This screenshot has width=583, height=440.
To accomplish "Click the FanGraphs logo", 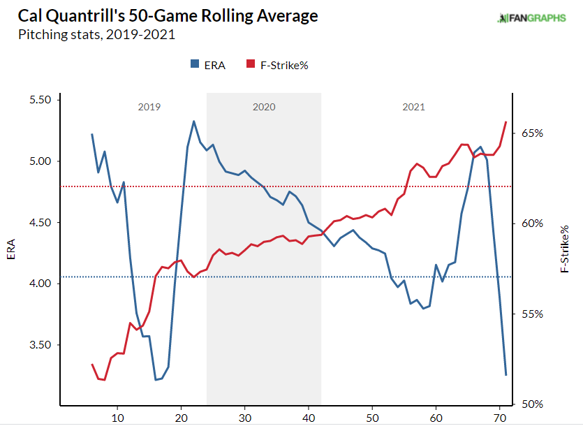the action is (531, 18).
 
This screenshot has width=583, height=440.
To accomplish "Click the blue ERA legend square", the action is (195, 64).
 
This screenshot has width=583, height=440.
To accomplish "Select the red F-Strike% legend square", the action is (251, 64).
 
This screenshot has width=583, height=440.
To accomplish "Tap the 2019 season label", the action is (149, 107).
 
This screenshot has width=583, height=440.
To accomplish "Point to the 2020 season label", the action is (264, 107).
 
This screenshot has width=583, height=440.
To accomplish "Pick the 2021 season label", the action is (413, 107).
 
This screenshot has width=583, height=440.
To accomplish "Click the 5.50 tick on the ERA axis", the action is (40, 100).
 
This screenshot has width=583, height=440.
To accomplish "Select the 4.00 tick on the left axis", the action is (40, 284).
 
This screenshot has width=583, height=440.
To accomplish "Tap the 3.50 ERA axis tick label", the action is (40, 345).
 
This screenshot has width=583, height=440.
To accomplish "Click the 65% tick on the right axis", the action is (532, 133).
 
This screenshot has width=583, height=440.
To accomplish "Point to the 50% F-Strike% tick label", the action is (532, 404).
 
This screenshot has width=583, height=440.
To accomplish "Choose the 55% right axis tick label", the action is (532, 314).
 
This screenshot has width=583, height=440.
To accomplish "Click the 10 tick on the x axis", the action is (117, 418).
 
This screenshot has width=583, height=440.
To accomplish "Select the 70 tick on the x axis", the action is (500, 418).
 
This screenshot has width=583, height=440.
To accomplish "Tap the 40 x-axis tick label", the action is (309, 418).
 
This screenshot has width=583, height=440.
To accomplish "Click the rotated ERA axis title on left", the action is (10, 249).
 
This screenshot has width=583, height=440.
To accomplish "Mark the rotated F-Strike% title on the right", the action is (564, 249).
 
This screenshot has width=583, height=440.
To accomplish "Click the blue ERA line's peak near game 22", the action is (193, 122).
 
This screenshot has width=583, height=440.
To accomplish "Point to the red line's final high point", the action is (506, 122).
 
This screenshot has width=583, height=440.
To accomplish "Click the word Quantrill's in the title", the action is (87, 16).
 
